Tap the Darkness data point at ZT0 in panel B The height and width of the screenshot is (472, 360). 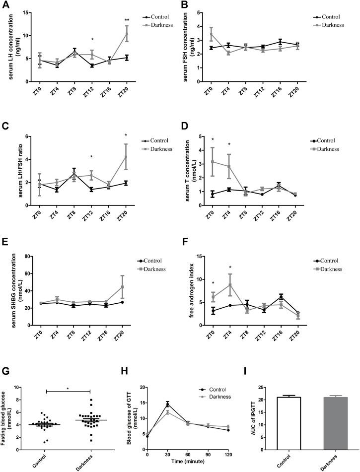point(212,34)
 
